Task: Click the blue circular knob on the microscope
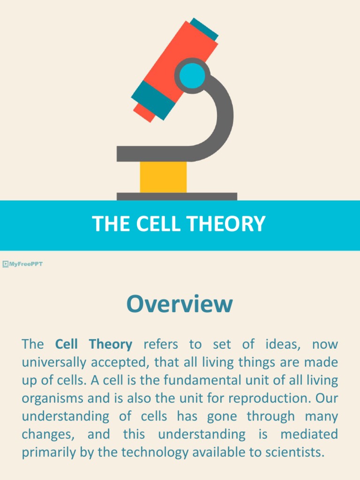pos(192,75)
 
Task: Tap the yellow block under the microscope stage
pos(163,177)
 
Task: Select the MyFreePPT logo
pos(22,264)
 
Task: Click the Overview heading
pos(180,304)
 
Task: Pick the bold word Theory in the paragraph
pos(111,345)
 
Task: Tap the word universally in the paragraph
pos(52,362)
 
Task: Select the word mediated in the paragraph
pos(309,434)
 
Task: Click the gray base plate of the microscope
pos(177,196)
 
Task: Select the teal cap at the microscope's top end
pos(204,29)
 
